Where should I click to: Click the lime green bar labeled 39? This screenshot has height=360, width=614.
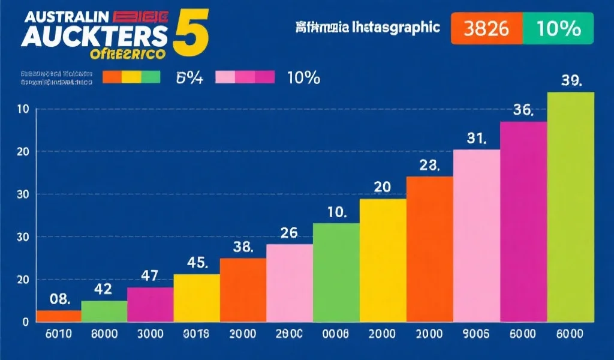(570, 207)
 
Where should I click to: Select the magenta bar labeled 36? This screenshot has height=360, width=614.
(523, 222)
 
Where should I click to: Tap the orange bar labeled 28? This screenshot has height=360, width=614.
(429, 249)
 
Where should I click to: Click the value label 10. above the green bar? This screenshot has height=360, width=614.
(336, 212)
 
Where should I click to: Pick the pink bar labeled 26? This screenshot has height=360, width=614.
(290, 283)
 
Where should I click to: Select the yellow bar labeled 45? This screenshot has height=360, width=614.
(197, 298)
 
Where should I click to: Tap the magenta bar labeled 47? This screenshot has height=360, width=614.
(150, 304)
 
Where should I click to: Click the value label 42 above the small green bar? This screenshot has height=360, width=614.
(103, 289)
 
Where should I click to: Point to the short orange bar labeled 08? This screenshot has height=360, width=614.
(59, 316)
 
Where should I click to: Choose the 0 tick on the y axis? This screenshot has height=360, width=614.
(25, 322)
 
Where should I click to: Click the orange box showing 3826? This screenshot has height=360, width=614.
(486, 28)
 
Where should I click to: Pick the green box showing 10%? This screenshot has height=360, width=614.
(558, 28)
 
